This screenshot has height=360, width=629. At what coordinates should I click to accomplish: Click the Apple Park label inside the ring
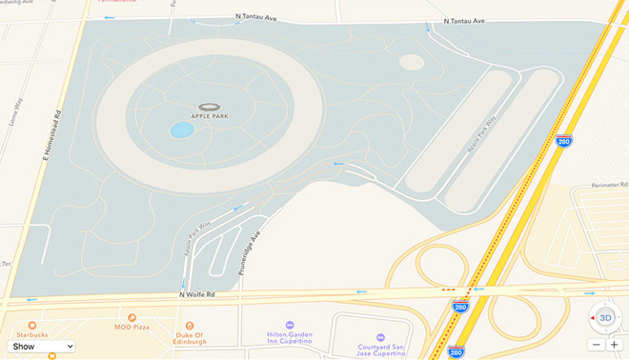tap(210, 116)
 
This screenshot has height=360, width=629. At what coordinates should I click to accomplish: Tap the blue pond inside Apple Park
tap(181, 130)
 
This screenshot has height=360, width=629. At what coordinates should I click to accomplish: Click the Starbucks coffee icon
tap(31, 325)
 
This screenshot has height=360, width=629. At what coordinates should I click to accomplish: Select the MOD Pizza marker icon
tap(132, 317)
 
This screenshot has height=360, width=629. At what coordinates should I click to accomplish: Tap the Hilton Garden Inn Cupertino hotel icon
tap(290, 325)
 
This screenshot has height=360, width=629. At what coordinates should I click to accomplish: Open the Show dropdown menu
tap(41, 346)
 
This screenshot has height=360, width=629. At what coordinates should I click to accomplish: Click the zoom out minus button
tap(596, 344)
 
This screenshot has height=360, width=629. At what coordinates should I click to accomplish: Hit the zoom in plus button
tap(614, 344)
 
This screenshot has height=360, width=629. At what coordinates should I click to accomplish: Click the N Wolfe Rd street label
tap(197, 295)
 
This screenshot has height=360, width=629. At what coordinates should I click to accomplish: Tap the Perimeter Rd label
tap(606, 185)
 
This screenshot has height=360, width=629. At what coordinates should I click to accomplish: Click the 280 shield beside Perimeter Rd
tap(564, 140)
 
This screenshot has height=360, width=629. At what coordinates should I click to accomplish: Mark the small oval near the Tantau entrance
tap(412, 62)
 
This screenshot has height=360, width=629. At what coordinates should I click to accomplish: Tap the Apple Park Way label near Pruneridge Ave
tap(196, 242)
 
